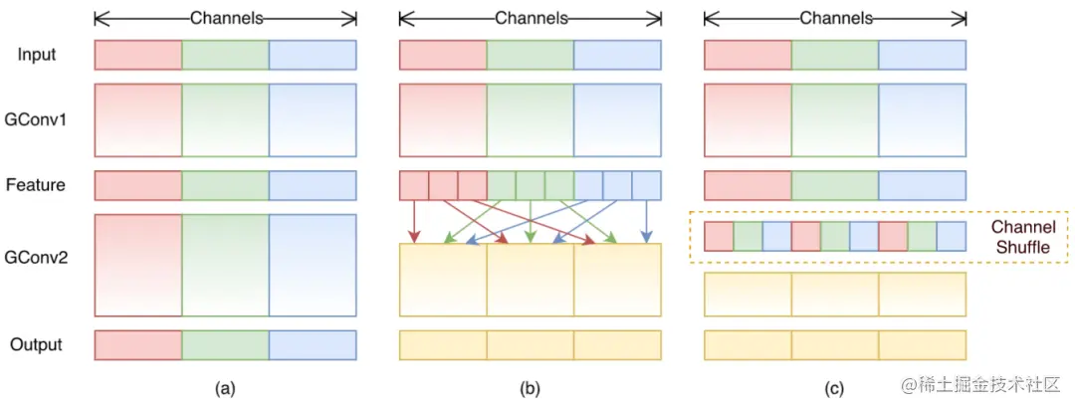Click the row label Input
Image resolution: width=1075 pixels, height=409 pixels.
coord(37,55)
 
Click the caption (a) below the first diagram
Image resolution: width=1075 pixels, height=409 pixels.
coord(225,389)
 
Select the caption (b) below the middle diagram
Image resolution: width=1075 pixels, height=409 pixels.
coord(530,389)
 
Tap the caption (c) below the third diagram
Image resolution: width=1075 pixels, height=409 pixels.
coord(834,389)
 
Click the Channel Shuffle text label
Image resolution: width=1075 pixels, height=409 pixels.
coord(1022,237)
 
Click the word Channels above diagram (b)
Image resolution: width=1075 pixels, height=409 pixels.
coord(530,18)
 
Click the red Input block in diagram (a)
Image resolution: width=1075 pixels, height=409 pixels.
coord(138,55)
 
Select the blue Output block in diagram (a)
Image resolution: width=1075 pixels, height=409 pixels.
coord(313,344)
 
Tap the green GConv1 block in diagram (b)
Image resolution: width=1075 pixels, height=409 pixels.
coord(530,120)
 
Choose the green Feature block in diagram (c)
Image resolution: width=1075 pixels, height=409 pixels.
coord(834,185)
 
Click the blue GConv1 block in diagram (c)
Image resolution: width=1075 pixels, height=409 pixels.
coord(922,120)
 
